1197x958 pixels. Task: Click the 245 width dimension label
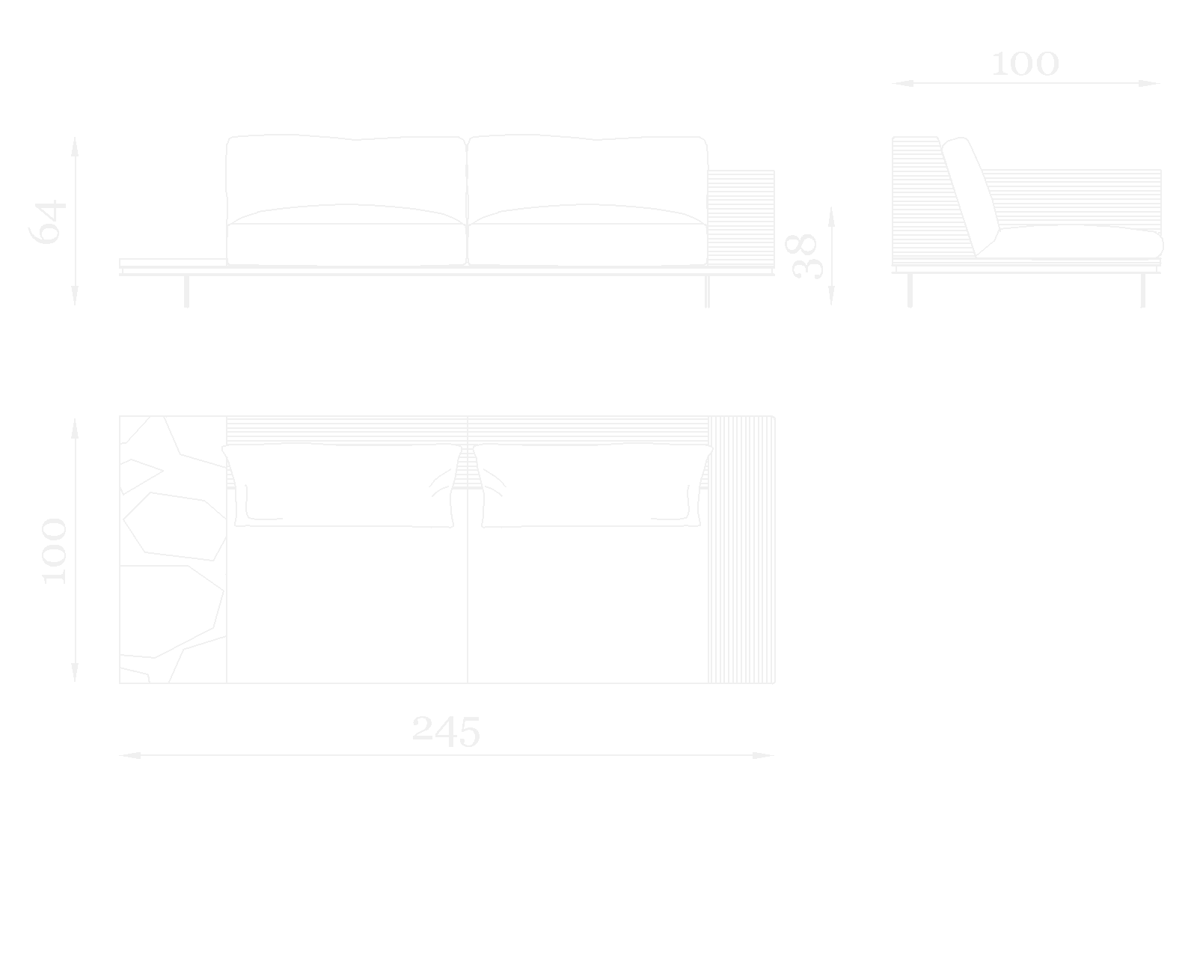point(446,731)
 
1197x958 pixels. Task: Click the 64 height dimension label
point(48,222)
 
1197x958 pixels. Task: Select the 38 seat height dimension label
point(804,257)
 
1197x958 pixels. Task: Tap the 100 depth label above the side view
point(1025,65)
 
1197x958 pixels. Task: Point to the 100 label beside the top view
point(54,551)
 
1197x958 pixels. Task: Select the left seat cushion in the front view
point(346,243)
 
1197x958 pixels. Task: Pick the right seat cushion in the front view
point(587,243)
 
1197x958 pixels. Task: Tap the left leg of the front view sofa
point(186,291)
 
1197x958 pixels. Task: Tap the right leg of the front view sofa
point(707,291)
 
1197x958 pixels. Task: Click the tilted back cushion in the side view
point(970,195)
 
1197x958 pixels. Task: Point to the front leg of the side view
point(1142,290)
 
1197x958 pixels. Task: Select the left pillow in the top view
point(343,485)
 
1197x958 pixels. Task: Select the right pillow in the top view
point(592,485)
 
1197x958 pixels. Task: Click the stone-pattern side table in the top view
point(172,550)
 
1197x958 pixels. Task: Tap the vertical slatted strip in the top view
point(741,550)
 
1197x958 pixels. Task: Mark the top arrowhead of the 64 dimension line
point(75,144)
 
